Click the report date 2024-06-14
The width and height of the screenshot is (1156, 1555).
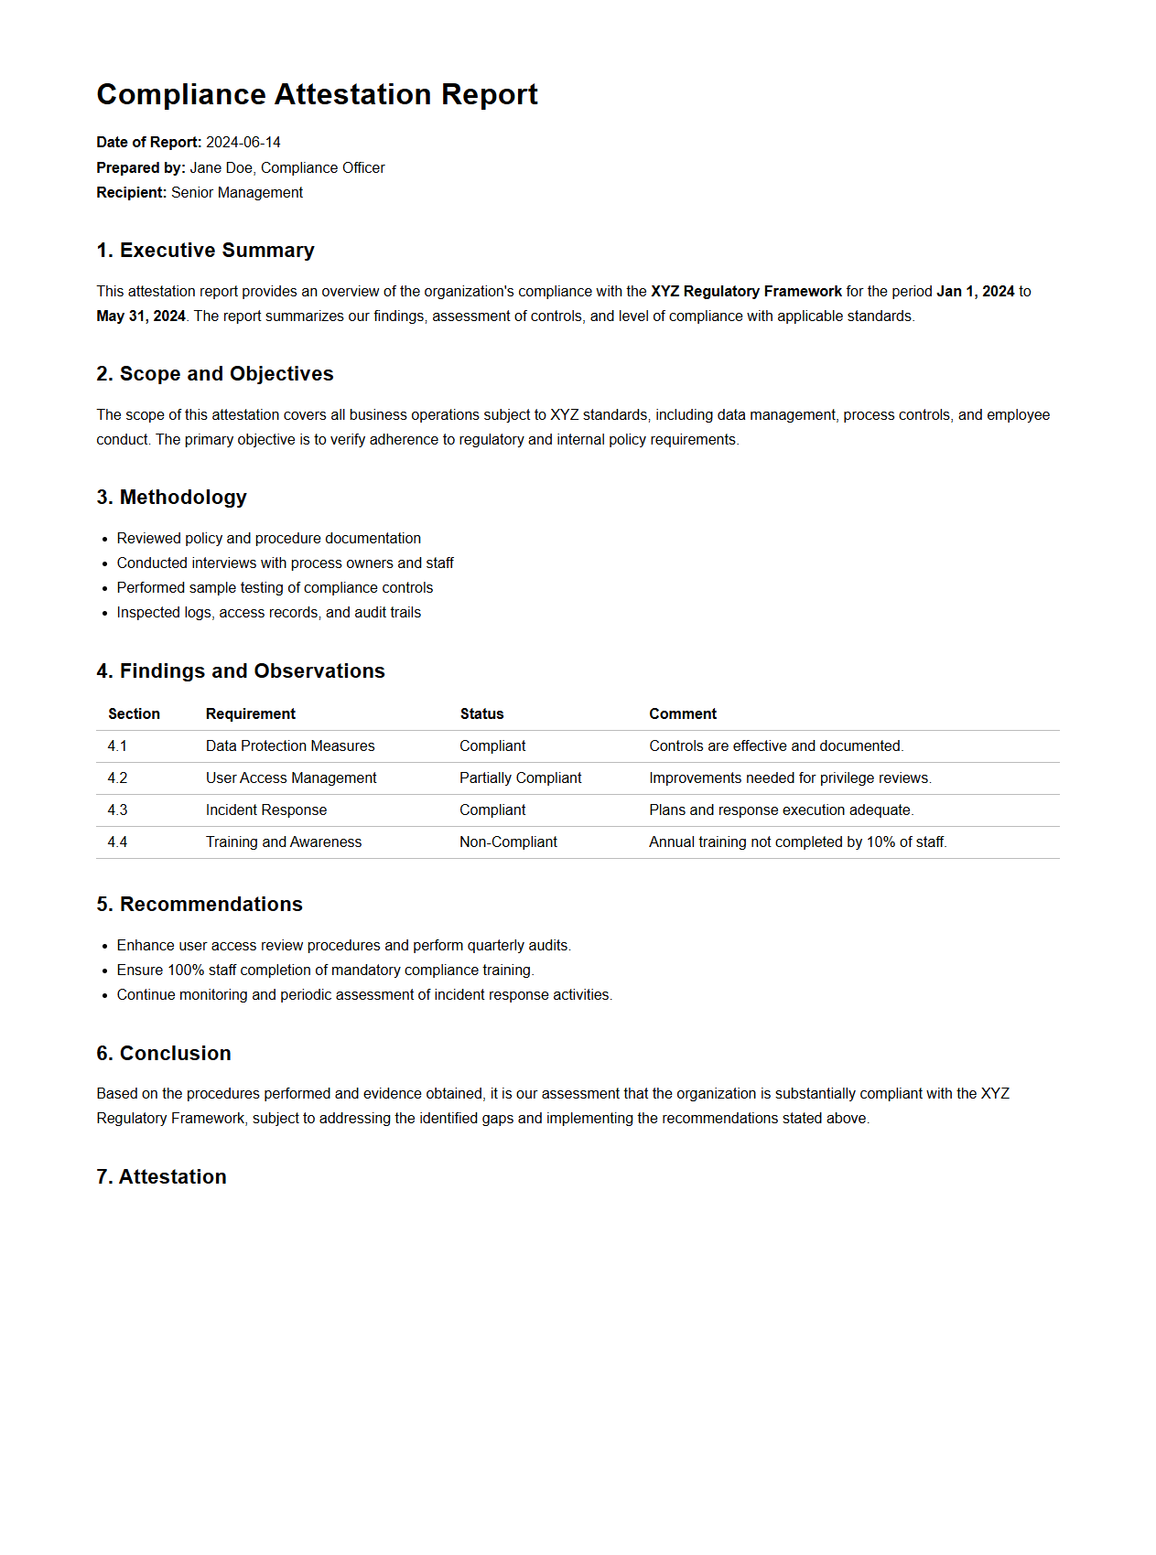coord(243,143)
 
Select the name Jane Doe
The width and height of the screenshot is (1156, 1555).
coord(221,168)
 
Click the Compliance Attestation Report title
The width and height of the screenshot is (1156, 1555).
coord(317,95)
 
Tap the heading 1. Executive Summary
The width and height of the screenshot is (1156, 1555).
coord(205,251)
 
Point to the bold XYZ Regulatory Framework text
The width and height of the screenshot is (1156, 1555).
coord(746,292)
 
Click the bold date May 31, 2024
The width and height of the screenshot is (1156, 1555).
coord(141,316)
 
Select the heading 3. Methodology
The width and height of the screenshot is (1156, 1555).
coord(171,498)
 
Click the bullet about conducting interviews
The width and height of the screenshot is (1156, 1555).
coord(285,563)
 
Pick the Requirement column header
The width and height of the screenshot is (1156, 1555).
coord(250,714)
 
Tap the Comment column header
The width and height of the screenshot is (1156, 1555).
coord(683,714)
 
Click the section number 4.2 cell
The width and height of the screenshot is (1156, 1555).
coord(117,778)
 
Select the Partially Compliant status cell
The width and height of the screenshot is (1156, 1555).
coord(520,778)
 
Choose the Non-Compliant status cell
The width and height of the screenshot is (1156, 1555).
coord(508,842)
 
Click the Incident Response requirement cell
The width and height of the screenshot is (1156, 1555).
coord(265,810)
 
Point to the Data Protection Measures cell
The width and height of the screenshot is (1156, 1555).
coord(290,746)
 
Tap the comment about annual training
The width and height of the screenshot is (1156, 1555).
coord(797,842)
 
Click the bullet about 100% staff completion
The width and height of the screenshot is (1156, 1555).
coord(325,971)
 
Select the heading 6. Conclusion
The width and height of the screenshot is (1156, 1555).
coord(164,1054)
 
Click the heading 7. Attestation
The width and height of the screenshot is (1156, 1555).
coord(161,1177)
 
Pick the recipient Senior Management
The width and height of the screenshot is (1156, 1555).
coord(236,193)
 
